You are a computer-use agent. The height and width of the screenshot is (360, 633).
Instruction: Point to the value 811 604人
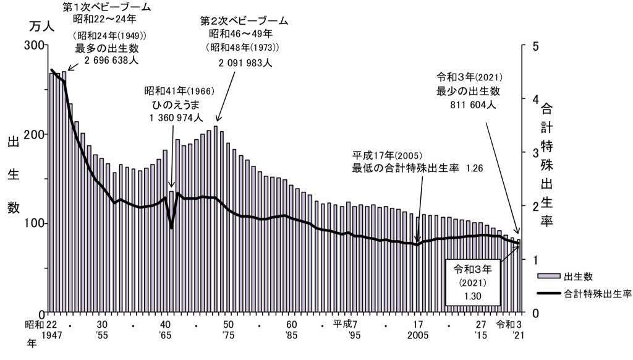point(473,105)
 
